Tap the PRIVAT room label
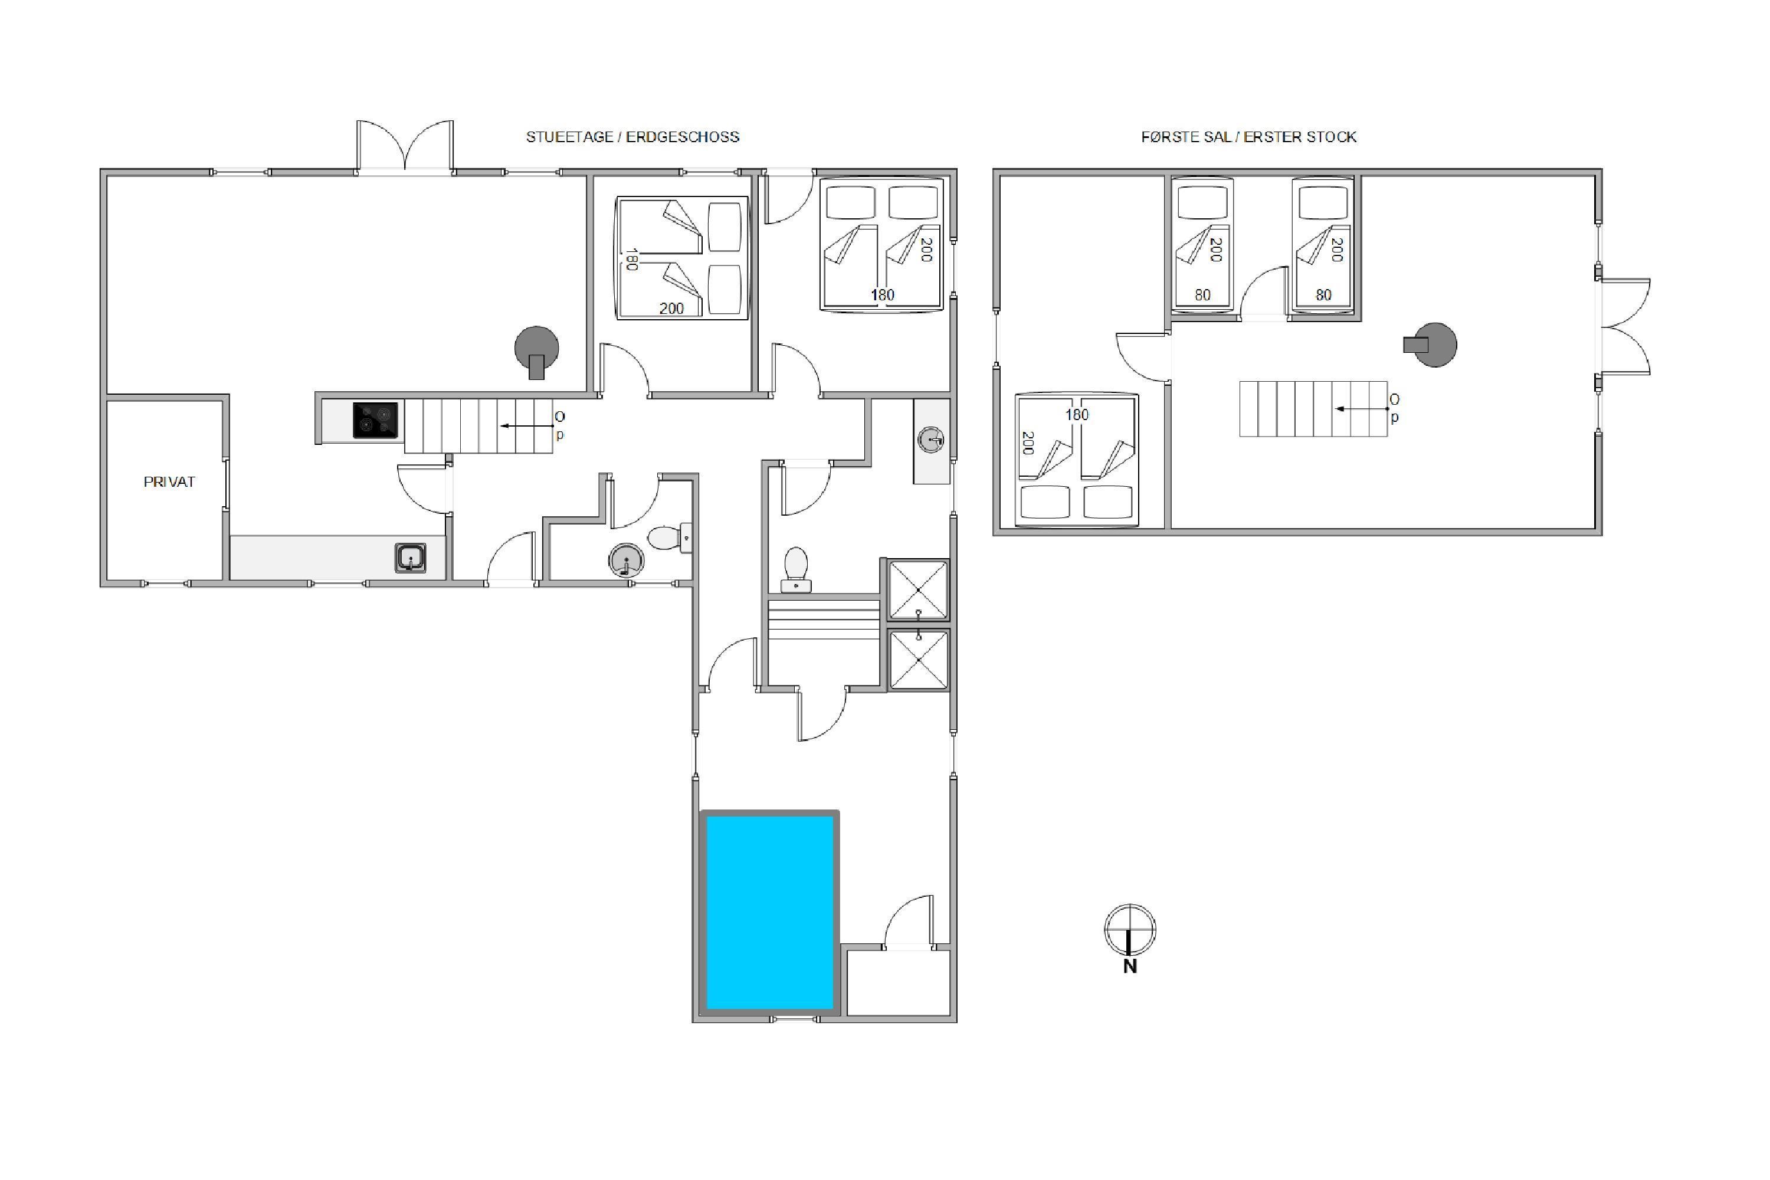169,481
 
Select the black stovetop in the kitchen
375,421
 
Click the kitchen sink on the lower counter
410,558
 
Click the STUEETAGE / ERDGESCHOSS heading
632,137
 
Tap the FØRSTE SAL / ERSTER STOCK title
1248,137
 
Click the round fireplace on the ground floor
536,350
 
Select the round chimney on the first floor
1431,345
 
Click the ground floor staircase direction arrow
527,426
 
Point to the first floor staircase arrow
1361,409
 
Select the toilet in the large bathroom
796,570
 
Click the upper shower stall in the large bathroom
918,590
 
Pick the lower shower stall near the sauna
918,660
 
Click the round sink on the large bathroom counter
931,440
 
